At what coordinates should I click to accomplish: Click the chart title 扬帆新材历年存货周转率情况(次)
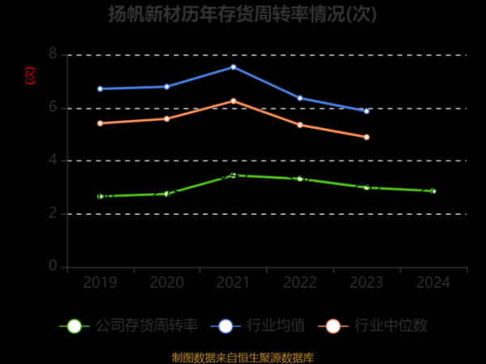click(x=243, y=15)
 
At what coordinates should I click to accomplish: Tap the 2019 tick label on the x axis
click(x=100, y=283)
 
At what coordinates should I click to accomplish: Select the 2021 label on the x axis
click(x=233, y=283)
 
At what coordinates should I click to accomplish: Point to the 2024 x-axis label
click(x=433, y=283)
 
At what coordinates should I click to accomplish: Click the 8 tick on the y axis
click(x=53, y=54)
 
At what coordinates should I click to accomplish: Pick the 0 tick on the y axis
click(x=53, y=267)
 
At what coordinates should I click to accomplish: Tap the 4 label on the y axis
click(x=53, y=161)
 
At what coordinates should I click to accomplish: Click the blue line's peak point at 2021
click(x=233, y=66)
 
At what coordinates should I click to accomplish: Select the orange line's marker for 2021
click(x=233, y=101)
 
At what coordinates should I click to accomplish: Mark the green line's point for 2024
click(x=433, y=191)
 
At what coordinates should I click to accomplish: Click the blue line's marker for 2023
click(x=366, y=111)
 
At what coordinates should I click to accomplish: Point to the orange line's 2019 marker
click(x=100, y=123)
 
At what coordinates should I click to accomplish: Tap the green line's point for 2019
click(x=100, y=196)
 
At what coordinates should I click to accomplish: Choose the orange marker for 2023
click(x=366, y=137)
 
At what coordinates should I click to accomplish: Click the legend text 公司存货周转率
click(x=147, y=326)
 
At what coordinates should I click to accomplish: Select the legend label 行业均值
click(x=279, y=326)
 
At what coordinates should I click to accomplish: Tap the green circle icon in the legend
click(x=75, y=326)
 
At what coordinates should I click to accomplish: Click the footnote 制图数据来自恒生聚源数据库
click(x=243, y=357)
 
